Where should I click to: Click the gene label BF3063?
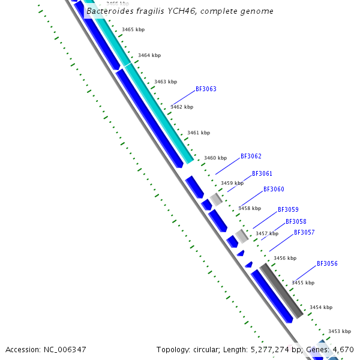[206, 89]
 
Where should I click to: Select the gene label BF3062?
[251, 157]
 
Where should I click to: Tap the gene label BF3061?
[262, 174]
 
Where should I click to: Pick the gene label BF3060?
[274, 190]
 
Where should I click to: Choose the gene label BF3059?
[288, 210]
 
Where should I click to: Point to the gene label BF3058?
[296, 222]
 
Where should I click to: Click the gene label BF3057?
[304, 233]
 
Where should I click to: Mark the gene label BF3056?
[327, 264]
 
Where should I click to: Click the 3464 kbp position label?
[149, 55]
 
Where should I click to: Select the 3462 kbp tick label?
[182, 107]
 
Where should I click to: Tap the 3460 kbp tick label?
[215, 158]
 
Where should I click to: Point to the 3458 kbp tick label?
[250, 208]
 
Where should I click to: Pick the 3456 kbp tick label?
[285, 258]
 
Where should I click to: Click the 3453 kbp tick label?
[339, 331]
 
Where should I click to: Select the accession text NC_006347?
[65, 349]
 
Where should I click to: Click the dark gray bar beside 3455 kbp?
[281, 291]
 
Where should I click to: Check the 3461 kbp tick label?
[199, 133]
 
